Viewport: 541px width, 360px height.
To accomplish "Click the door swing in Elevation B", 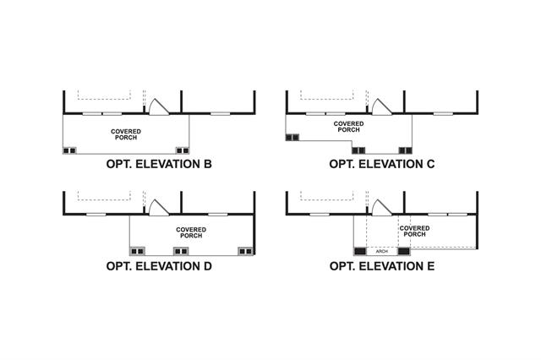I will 157,106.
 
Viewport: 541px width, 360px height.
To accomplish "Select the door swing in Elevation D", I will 157,207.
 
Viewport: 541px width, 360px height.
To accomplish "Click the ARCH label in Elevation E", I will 380,251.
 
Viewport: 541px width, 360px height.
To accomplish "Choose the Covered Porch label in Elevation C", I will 348,127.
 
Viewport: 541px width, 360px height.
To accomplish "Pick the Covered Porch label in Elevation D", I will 191,232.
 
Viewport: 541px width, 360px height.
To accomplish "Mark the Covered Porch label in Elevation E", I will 413,232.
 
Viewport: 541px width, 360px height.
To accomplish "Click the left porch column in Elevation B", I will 70,150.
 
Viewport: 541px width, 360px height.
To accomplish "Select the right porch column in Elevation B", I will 182,150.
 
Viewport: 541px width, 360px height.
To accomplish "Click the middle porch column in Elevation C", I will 359,150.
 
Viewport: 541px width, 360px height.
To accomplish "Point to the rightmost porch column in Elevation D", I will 246,251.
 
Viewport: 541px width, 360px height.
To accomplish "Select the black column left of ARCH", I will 359,251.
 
